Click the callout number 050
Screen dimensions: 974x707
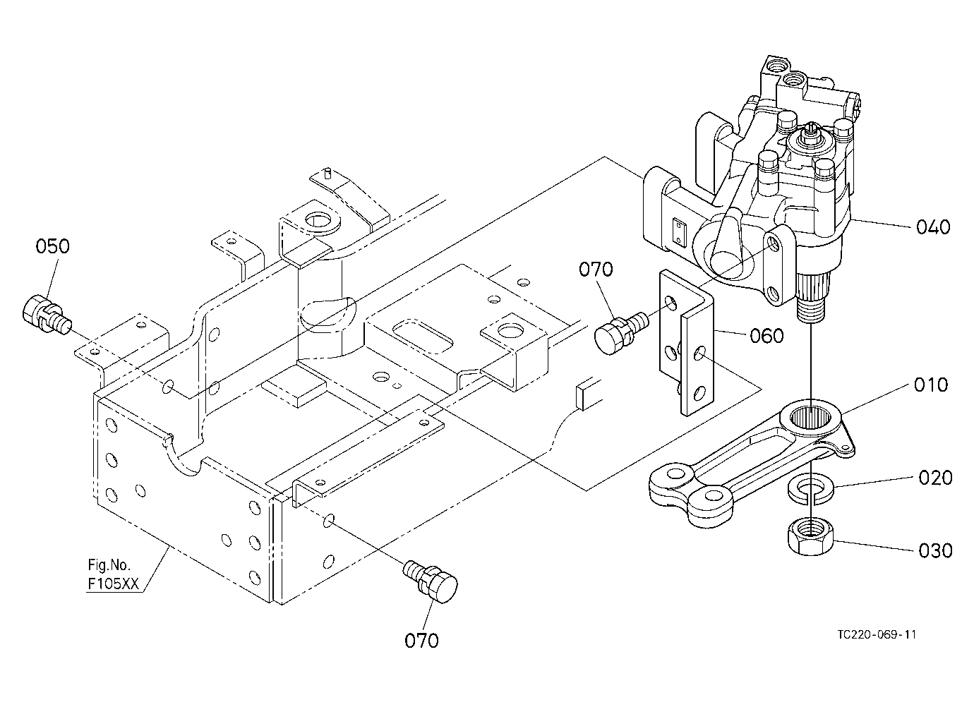tap(52, 246)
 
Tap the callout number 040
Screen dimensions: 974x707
tap(933, 227)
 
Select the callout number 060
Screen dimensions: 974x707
tap(766, 336)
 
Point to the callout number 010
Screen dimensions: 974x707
tap(930, 385)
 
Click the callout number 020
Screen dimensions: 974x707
tap(935, 478)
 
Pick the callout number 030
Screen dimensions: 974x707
tap(935, 551)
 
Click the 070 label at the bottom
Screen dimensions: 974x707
tap(421, 641)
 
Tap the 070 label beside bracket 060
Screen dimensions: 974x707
tap(596, 270)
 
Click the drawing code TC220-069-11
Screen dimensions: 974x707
tap(877, 635)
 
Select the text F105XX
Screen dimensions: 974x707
tap(113, 584)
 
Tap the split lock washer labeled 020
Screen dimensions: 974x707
tap(811, 489)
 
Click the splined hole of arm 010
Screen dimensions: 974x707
tap(810, 418)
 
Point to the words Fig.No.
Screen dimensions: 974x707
tap(109, 564)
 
